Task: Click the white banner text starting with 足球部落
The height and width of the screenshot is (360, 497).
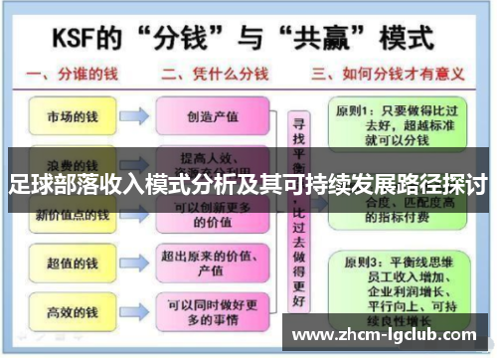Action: [x=248, y=183]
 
